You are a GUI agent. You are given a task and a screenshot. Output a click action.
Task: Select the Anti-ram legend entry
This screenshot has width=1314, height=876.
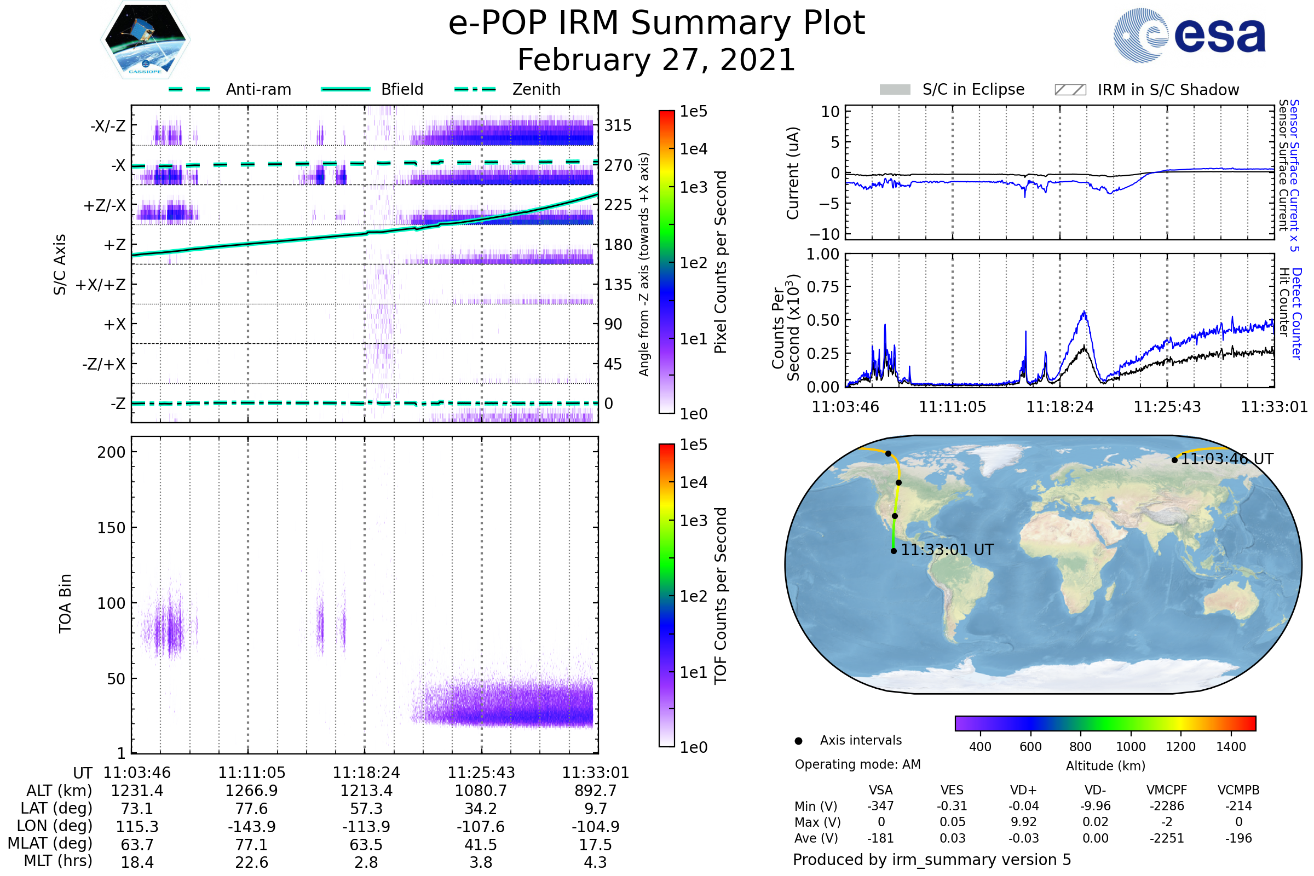(230, 89)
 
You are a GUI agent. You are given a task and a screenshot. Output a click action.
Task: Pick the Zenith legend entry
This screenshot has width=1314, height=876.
(508, 89)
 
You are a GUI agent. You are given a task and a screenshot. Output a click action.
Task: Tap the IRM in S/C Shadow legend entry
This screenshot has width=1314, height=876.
(1146, 90)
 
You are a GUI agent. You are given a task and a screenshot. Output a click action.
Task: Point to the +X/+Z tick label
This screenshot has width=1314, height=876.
(101, 285)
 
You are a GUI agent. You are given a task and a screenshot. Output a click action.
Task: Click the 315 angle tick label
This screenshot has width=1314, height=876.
(618, 125)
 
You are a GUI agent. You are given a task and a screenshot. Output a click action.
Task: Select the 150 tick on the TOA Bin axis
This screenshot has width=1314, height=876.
(111, 528)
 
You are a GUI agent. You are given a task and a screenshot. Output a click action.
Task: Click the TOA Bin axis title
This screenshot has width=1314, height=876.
(65, 603)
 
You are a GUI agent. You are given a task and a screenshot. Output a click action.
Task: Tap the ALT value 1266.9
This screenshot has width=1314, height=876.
(251, 791)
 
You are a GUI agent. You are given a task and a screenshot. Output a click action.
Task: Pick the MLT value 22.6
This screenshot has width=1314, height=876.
(251, 862)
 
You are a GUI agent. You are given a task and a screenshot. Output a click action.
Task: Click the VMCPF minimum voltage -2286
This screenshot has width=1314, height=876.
(1167, 806)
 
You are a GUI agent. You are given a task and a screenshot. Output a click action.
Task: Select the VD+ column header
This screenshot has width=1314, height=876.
(1023, 790)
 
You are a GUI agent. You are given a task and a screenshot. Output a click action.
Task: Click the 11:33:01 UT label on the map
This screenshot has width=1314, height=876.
(947, 550)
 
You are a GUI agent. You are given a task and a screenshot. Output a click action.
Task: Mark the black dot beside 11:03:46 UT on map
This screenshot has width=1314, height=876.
(1174, 460)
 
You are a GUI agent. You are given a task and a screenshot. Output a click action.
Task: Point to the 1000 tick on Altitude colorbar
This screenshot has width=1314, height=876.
(1130, 747)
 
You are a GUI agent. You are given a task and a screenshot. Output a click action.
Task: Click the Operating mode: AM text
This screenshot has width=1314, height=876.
(857, 764)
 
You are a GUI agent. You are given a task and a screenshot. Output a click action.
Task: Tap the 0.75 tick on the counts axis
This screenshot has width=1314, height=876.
(823, 287)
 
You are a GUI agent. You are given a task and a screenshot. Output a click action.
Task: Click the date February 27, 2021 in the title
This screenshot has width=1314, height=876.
(656, 60)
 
